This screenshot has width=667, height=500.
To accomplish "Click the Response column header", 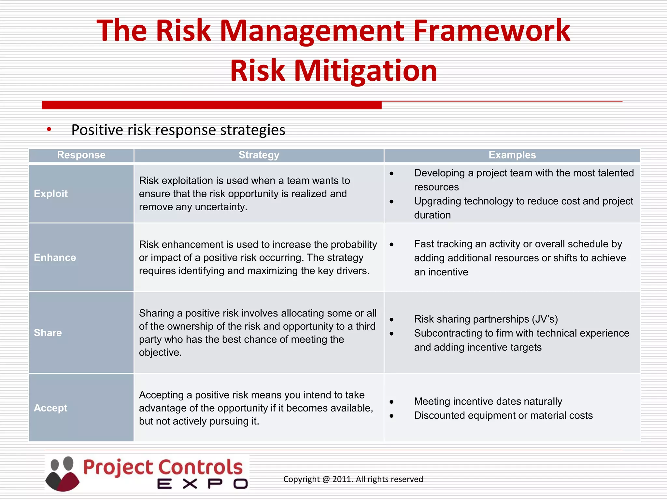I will coord(81,155).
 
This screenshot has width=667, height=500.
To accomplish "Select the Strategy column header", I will coord(259,155).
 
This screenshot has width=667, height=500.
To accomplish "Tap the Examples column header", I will coord(512,155).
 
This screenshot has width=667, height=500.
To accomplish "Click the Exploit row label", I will coord(51,194).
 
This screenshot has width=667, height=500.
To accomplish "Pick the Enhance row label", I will coord(55,257).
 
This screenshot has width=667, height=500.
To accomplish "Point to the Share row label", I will coord(48,333).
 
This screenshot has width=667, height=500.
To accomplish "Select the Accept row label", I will coord(50,408).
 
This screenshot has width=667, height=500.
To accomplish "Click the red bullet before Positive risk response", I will coord(49,130).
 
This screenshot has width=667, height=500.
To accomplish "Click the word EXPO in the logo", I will coord(202,484).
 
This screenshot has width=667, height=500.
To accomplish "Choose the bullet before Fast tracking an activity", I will coord(391,244).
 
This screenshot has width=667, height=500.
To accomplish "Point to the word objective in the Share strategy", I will coord(160,353).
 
